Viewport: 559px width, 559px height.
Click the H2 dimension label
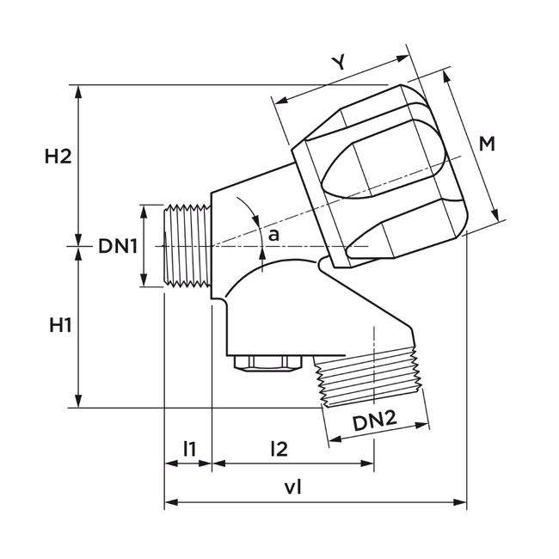click(x=58, y=157)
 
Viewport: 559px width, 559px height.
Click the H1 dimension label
click(x=59, y=326)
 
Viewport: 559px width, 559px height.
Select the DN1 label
click(x=118, y=246)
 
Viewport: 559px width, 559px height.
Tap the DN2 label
click(x=374, y=421)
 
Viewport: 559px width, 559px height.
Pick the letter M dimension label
click(x=487, y=144)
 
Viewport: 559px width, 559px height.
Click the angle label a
click(x=273, y=234)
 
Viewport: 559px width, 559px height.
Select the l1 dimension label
click(x=189, y=447)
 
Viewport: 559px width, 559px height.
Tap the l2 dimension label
click(x=279, y=447)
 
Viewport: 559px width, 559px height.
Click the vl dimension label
click(x=293, y=487)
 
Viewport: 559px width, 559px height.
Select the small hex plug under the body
click(x=267, y=364)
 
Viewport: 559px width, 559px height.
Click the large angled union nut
click(x=383, y=176)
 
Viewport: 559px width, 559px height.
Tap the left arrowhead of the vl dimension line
click(x=169, y=502)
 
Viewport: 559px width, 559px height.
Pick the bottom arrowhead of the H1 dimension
click(x=79, y=402)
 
